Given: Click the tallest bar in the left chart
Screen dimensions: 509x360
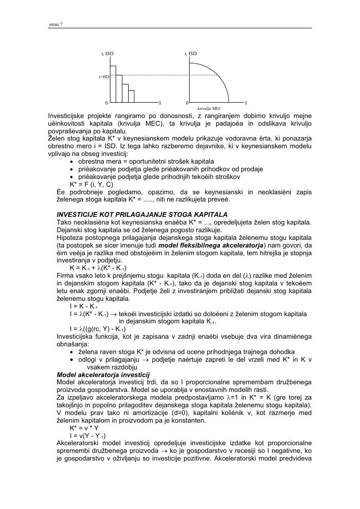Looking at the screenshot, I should [x=113, y=84].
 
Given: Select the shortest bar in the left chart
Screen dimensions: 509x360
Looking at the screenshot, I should [x=131, y=95].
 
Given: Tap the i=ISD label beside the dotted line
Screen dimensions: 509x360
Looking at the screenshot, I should [x=104, y=76].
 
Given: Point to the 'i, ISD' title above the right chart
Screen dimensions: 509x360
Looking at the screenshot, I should [x=191, y=53].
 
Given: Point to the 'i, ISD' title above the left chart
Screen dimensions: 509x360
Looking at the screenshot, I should [x=108, y=53].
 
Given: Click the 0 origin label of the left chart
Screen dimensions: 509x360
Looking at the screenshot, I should [x=107, y=103].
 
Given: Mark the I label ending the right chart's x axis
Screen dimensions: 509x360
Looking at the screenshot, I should [x=246, y=103].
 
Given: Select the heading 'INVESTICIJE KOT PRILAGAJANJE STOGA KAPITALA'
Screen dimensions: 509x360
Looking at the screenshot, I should [x=142, y=214].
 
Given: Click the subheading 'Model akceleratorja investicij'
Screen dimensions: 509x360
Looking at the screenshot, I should [x=103, y=374].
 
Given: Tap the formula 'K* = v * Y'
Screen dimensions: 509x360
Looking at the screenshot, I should [x=84, y=427].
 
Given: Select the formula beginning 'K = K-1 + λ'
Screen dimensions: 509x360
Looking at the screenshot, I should [x=98, y=267].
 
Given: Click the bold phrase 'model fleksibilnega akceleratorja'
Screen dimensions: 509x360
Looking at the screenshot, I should [x=209, y=244].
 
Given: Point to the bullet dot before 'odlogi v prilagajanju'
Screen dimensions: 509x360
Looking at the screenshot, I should [x=72, y=360].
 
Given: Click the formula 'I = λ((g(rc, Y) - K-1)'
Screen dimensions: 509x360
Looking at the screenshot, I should [x=97, y=329].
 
